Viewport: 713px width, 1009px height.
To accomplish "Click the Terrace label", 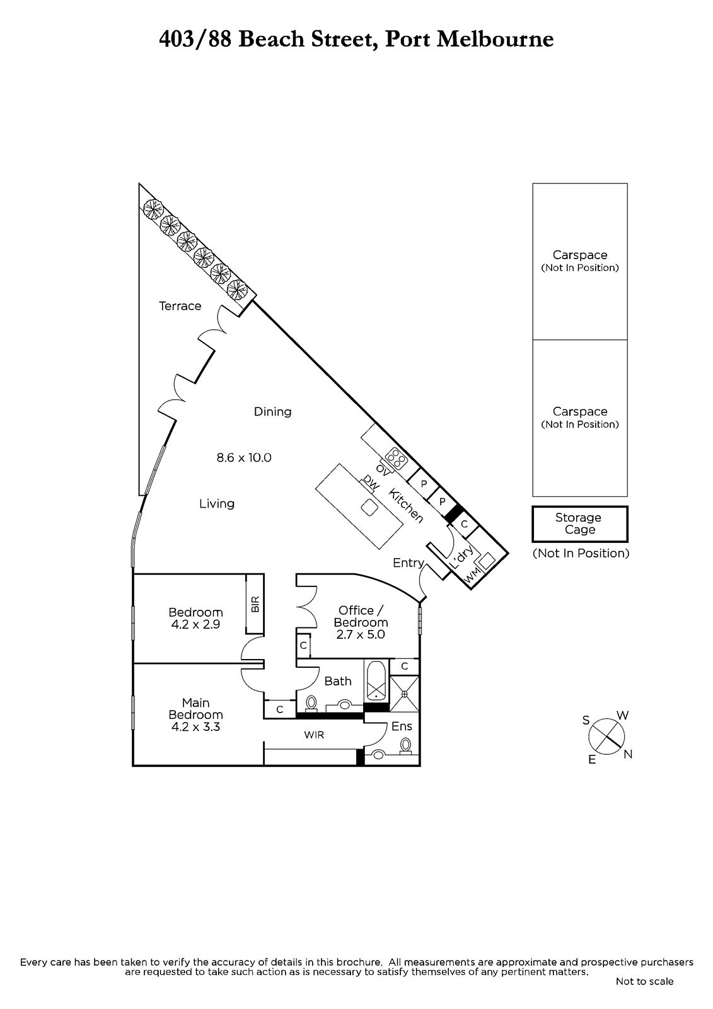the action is point(180,306).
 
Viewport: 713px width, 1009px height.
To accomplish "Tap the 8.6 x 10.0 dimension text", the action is point(244,458).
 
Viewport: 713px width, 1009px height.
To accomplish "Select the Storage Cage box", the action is point(580,524).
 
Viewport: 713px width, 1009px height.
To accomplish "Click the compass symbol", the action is point(606,737).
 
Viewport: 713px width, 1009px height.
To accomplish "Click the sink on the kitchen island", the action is point(369,508).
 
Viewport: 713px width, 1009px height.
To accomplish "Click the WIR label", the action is point(314,735).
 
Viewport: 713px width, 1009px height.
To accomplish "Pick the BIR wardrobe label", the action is point(255,604).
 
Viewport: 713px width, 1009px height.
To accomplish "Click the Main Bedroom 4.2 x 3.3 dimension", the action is point(195,726).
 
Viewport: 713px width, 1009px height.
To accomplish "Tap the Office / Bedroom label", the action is point(361,616).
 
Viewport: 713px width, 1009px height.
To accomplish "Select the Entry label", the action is point(409,563).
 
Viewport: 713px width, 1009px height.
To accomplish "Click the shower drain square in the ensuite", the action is point(404,694).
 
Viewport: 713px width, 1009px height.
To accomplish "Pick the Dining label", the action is point(272,412).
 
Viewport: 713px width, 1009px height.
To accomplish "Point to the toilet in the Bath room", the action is point(311,703).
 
